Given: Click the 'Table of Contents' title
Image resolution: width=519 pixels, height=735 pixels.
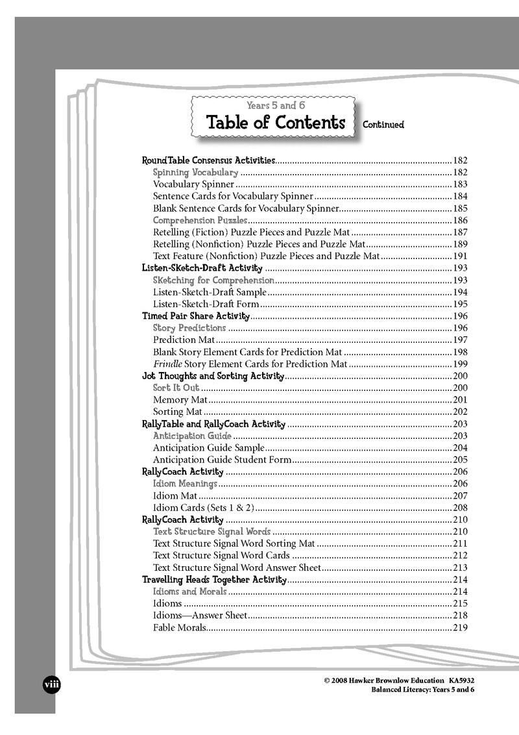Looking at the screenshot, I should (x=275, y=122).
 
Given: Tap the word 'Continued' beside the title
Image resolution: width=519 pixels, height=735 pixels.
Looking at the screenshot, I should (x=383, y=125).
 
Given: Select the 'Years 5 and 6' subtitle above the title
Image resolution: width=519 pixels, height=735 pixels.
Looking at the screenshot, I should (x=276, y=105).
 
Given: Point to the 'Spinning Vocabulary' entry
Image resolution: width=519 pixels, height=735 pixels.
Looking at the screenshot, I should (x=195, y=173).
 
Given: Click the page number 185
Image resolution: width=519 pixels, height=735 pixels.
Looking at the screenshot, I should (x=460, y=208).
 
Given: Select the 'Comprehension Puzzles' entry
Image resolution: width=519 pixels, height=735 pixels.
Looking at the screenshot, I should (x=200, y=220).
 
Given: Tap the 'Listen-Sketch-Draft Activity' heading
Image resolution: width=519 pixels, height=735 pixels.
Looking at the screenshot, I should (x=202, y=268).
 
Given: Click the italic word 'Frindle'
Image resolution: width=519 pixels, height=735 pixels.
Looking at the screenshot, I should (x=167, y=364).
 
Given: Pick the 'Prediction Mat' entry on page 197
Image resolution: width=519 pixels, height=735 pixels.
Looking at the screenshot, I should (x=182, y=340).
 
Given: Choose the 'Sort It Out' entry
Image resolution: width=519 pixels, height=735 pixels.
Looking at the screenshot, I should (x=176, y=388).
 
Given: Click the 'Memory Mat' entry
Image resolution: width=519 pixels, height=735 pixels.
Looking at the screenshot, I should (x=180, y=400).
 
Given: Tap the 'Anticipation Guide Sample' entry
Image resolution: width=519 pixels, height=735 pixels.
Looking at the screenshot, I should (x=208, y=447).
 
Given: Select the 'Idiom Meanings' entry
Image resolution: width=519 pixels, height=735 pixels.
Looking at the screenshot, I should (x=185, y=484).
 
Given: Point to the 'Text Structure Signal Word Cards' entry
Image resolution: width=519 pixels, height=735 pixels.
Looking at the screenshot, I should (x=221, y=555).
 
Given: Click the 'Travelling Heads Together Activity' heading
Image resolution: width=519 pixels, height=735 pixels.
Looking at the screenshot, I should (x=214, y=579).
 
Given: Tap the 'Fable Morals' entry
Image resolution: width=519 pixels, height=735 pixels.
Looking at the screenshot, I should (x=180, y=627).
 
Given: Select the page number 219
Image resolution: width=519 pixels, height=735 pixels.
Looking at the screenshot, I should (x=460, y=627).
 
